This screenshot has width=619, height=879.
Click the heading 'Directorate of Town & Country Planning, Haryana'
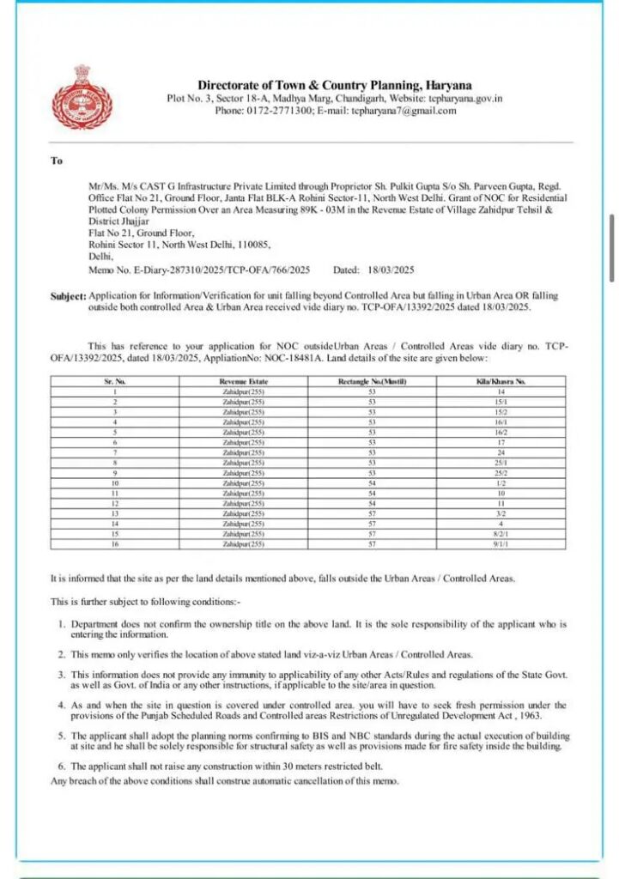coord(335,85)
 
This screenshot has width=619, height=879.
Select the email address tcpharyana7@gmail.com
coord(404,111)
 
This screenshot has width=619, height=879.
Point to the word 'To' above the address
coord(57,161)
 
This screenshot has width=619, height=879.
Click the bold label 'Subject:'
coord(69,296)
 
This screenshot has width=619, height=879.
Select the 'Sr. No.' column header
coord(115,381)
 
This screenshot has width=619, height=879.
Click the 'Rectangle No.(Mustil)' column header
coord(372,381)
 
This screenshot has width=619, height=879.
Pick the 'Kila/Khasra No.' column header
coord(501,381)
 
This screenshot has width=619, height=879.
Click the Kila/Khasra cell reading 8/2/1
coord(501,534)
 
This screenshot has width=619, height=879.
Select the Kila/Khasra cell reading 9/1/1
coord(501,544)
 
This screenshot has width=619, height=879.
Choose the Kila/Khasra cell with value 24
coord(501,452)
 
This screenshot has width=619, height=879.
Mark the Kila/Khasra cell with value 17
coord(501,442)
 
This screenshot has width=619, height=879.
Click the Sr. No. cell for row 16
coord(115,544)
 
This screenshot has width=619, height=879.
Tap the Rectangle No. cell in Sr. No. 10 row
coord(372,483)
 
